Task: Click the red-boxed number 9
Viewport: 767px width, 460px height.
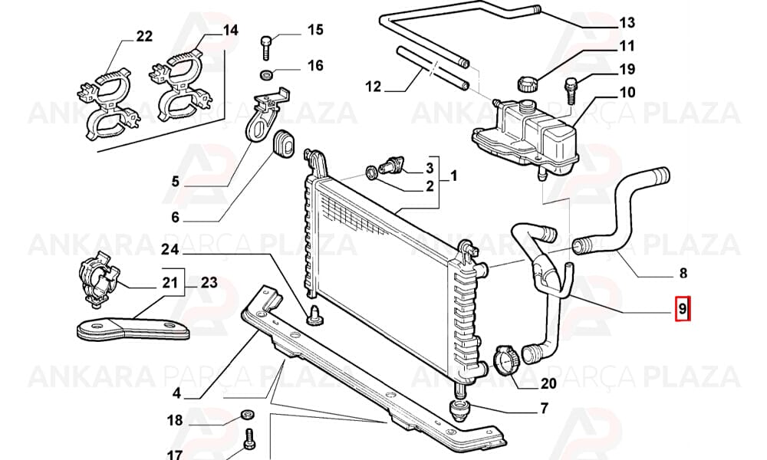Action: point(683,308)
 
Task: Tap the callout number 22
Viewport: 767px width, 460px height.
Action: point(144,36)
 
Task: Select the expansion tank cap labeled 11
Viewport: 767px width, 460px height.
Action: point(526,83)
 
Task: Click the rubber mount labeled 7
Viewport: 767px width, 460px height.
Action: point(459,409)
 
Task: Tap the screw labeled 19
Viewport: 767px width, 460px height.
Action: point(571,90)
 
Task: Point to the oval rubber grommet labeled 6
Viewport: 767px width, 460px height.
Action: point(283,144)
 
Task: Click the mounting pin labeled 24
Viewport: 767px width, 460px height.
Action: point(313,314)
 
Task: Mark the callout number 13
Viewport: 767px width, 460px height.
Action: point(627,22)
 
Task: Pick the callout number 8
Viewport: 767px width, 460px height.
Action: point(683,273)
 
